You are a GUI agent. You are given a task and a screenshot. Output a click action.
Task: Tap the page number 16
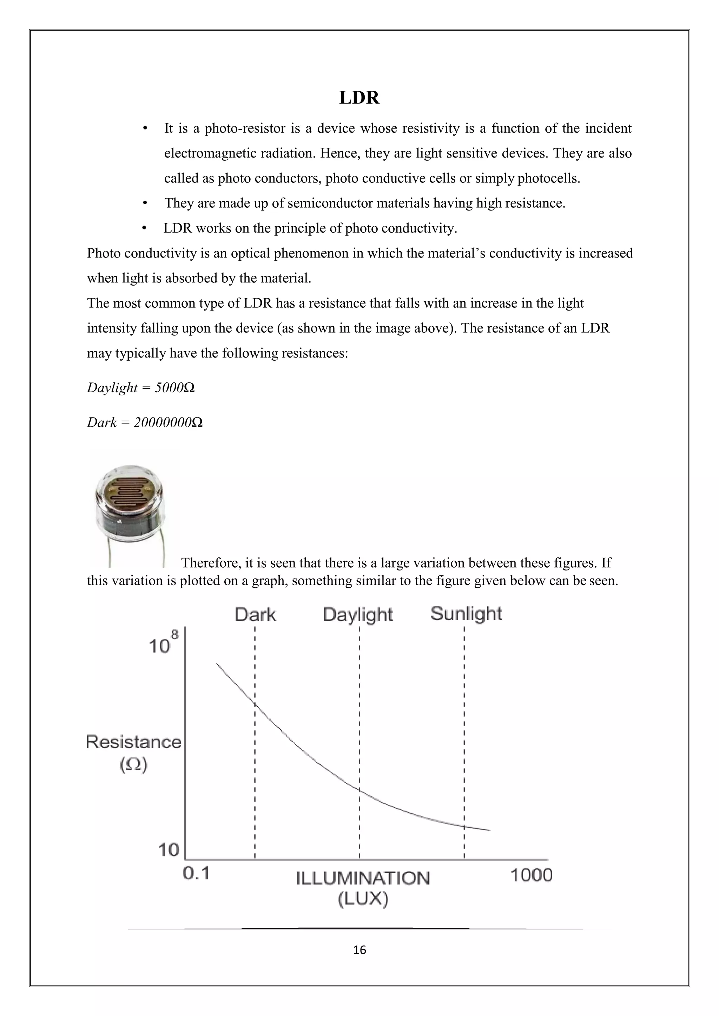[x=359, y=950]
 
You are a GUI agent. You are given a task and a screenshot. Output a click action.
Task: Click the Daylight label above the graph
[x=358, y=615]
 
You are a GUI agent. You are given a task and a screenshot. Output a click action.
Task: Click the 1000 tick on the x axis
[x=531, y=875]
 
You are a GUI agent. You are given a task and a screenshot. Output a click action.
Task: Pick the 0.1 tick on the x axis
[x=196, y=874]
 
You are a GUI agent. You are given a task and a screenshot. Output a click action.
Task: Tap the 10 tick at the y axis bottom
[x=168, y=850]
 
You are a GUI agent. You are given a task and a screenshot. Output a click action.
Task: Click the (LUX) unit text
[x=363, y=899]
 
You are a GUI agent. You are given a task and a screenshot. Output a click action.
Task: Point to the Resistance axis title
[x=134, y=742]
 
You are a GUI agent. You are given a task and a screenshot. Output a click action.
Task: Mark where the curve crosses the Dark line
[x=255, y=703]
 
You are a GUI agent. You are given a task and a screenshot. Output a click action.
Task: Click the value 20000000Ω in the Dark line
[x=168, y=423]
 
